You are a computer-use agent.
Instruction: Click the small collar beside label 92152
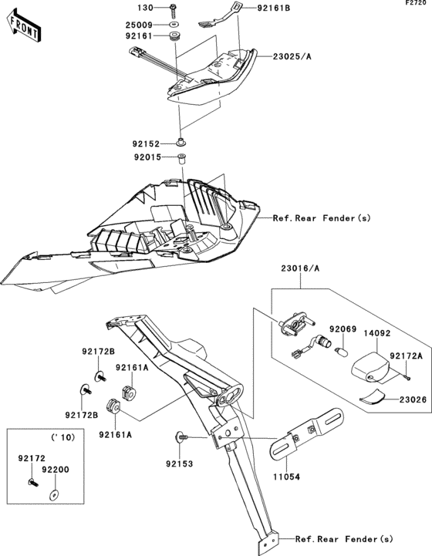(182, 142)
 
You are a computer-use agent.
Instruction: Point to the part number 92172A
(406, 356)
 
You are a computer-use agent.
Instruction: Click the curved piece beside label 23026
(376, 396)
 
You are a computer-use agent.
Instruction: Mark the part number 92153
(180, 463)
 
